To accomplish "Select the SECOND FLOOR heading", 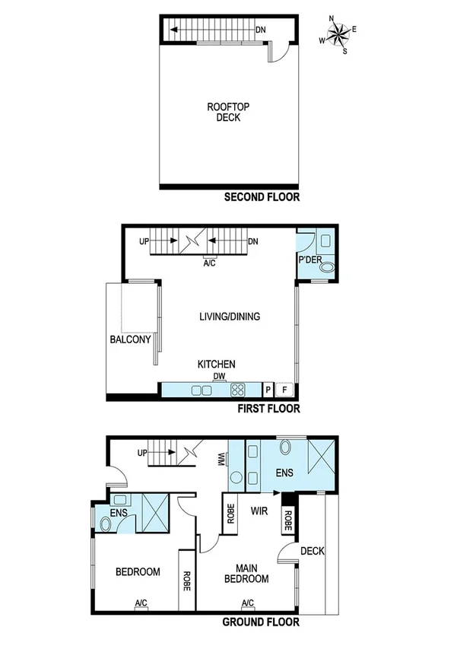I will (262, 197).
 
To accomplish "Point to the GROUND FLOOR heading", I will (261, 622).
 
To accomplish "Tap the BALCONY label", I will (131, 340).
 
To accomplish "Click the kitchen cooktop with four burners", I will (238, 390).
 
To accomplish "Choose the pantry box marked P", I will (268, 390).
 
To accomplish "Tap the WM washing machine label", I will (221, 459).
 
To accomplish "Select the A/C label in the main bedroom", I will (248, 603).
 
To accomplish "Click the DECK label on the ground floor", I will (312, 551).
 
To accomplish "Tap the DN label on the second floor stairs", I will (261, 30).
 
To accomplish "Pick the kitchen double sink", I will (202, 390).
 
